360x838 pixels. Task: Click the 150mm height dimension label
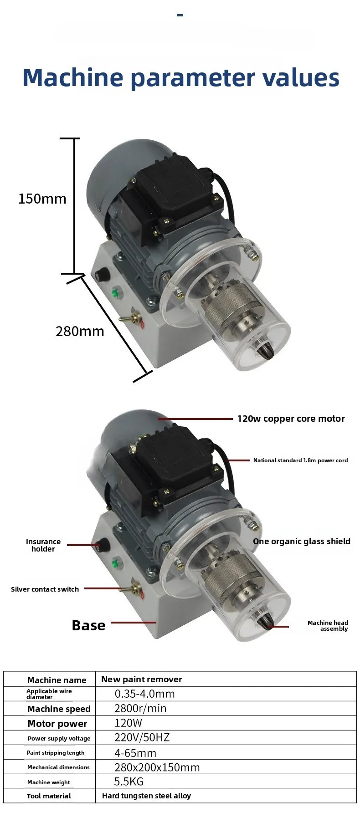(42, 199)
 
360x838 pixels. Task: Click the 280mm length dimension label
(80, 332)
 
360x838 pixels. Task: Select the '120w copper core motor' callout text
(291, 419)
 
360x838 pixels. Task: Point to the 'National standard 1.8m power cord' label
(300, 460)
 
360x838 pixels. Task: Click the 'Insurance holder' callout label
(43, 545)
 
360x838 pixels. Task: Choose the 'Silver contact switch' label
(45, 589)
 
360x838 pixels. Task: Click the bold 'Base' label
(88, 625)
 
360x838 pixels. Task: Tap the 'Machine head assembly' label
(328, 626)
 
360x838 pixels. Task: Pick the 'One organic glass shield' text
(302, 542)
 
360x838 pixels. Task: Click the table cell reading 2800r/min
(140, 709)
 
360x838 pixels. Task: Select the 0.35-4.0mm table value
(144, 694)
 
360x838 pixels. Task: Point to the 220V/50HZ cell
(142, 738)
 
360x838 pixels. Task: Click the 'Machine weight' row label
(49, 782)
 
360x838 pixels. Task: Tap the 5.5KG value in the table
(129, 782)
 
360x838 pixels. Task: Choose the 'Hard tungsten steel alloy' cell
(146, 796)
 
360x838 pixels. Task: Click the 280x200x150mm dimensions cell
(157, 768)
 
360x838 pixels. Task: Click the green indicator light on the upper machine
(115, 293)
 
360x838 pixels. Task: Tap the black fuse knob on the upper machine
(101, 275)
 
